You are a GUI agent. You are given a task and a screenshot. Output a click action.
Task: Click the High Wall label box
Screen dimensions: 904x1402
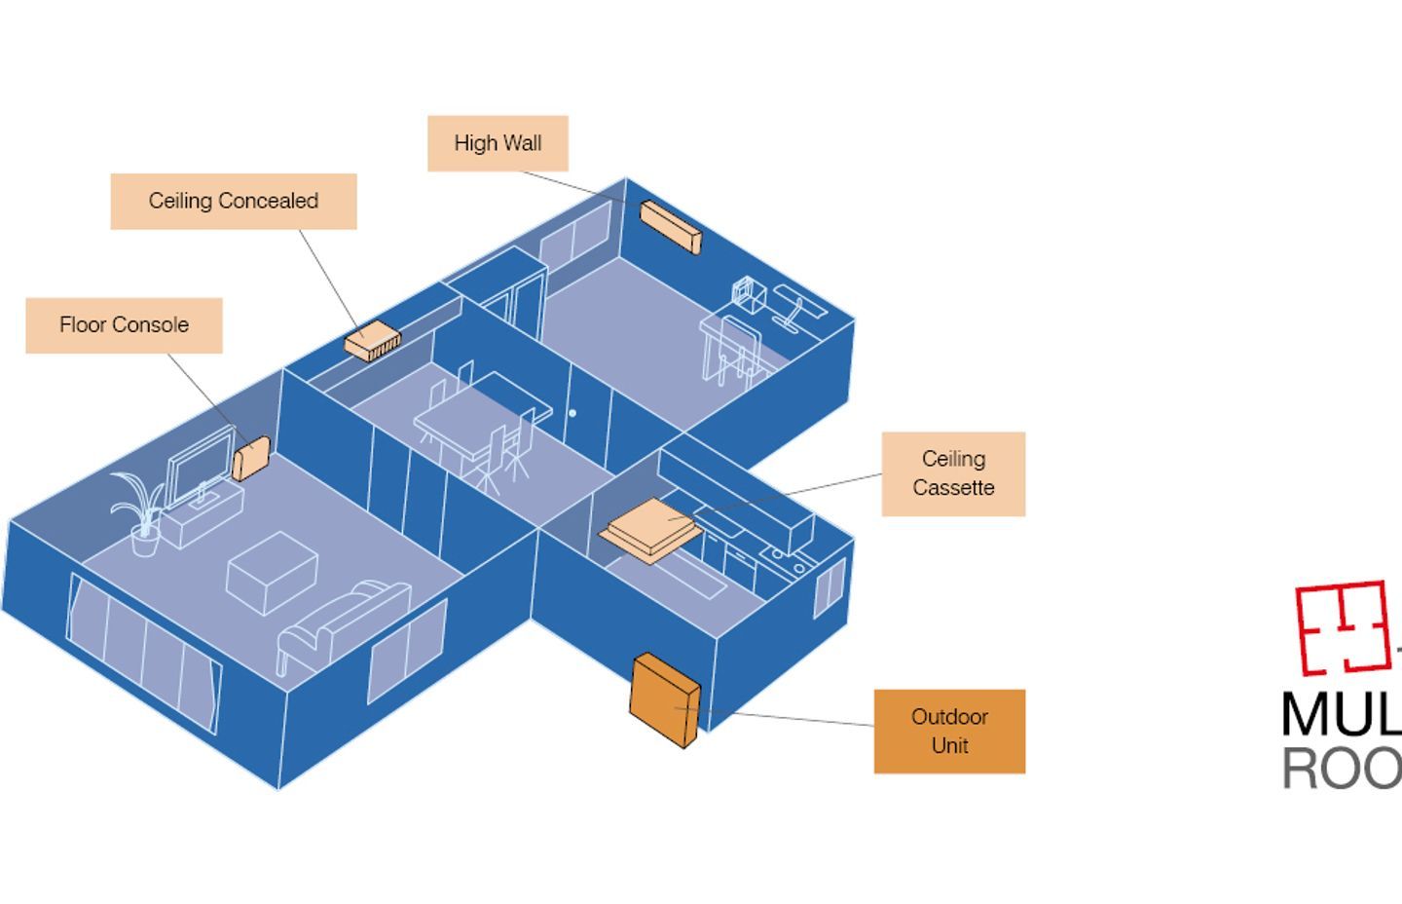pyautogui.click(x=498, y=143)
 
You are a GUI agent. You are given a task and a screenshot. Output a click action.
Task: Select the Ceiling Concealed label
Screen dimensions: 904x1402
pyautogui.click(x=234, y=201)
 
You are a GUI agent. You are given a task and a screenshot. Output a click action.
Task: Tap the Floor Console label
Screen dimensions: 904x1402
pyautogui.click(x=124, y=325)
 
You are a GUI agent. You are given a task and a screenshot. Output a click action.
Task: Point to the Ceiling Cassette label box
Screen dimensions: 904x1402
pyautogui.click(x=953, y=473)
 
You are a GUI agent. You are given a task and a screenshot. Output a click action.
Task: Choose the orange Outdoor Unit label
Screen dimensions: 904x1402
pyautogui.click(x=949, y=731)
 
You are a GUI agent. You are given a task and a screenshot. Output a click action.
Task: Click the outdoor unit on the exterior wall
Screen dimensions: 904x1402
pyautogui.click(x=664, y=700)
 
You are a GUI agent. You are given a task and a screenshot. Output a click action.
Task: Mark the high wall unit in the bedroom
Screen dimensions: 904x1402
pyautogui.click(x=670, y=226)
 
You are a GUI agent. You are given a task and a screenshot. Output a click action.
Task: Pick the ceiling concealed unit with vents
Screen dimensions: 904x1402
pyautogui.click(x=372, y=344)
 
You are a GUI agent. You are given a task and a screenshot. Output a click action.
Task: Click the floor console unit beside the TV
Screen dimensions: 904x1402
pyautogui.click(x=251, y=457)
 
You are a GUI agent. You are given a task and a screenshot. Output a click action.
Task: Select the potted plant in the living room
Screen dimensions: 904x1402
pyautogui.click(x=138, y=511)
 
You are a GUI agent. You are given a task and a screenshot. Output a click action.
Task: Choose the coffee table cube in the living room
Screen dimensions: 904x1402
pyautogui.click(x=272, y=572)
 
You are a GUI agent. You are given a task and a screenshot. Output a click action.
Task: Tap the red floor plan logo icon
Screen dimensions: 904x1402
pyautogui.click(x=1341, y=627)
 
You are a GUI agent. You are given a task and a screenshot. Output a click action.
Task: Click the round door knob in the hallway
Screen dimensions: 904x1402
pyautogui.click(x=572, y=413)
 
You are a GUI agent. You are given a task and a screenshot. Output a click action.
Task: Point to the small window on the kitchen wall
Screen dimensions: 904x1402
pyautogui.click(x=829, y=588)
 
